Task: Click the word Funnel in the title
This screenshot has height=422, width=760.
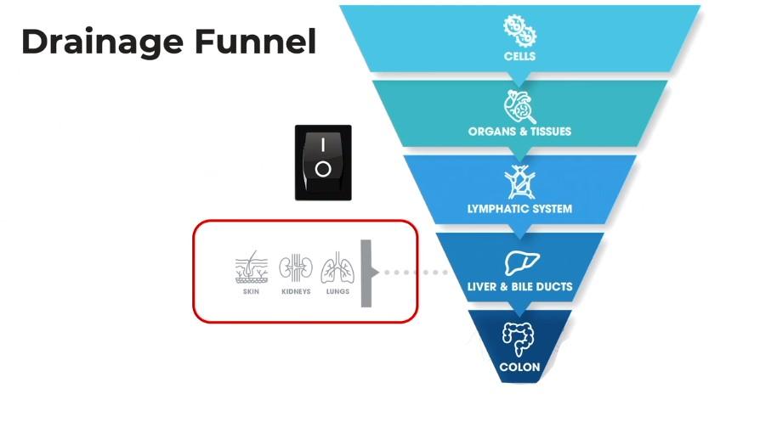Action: (x=260, y=41)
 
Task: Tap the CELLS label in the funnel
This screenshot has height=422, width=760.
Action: (x=519, y=57)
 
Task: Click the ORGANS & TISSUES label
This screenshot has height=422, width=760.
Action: (x=519, y=132)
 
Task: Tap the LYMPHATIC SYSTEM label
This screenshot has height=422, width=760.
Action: (x=519, y=208)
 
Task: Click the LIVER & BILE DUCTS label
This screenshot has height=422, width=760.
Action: (x=519, y=287)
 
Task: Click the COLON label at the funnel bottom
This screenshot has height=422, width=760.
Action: (x=519, y=368)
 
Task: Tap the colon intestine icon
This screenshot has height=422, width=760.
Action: (x=519, y=340)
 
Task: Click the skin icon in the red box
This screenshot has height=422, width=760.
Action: (x=251, y=268)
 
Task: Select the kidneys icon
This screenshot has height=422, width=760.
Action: (x=296, y=268)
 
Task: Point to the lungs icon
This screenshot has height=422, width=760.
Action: (x=337, y=268)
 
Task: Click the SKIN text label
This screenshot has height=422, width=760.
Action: (x=251, y=291)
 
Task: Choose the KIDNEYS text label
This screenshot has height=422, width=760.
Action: (x=296, y=291)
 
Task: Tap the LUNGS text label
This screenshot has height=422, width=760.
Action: (x=337, y=291)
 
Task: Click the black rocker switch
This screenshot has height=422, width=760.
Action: (x=323, y=162)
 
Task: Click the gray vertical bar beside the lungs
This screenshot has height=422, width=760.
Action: (x=366, y=273)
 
